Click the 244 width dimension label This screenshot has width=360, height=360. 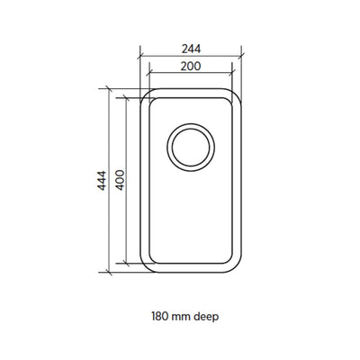[x=191, y=49]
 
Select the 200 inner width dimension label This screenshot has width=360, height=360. [x=191, y=66]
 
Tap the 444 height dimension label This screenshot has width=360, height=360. [x=102, y=181]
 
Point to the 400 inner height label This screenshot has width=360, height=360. [x=120, y=180]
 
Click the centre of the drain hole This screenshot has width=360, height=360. [x=191, y=148]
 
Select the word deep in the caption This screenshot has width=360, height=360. [x=206, y=317]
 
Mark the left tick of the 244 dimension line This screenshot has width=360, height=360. [x=140, y=56]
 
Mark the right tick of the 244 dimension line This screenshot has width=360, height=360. [x=241, y=56]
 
